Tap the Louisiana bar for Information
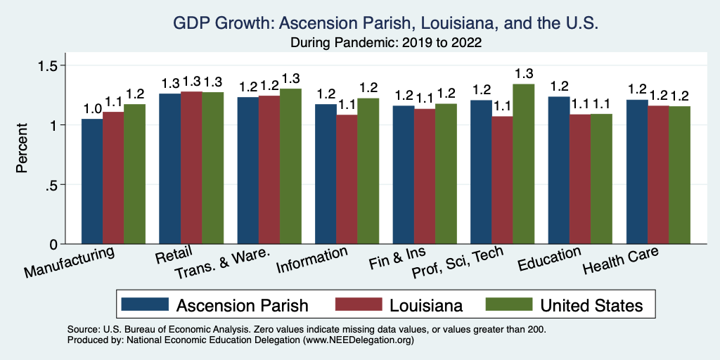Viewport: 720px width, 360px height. [347, 179]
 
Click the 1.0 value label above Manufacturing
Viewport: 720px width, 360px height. [92, 109]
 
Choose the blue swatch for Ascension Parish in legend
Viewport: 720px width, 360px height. [145, 304]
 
